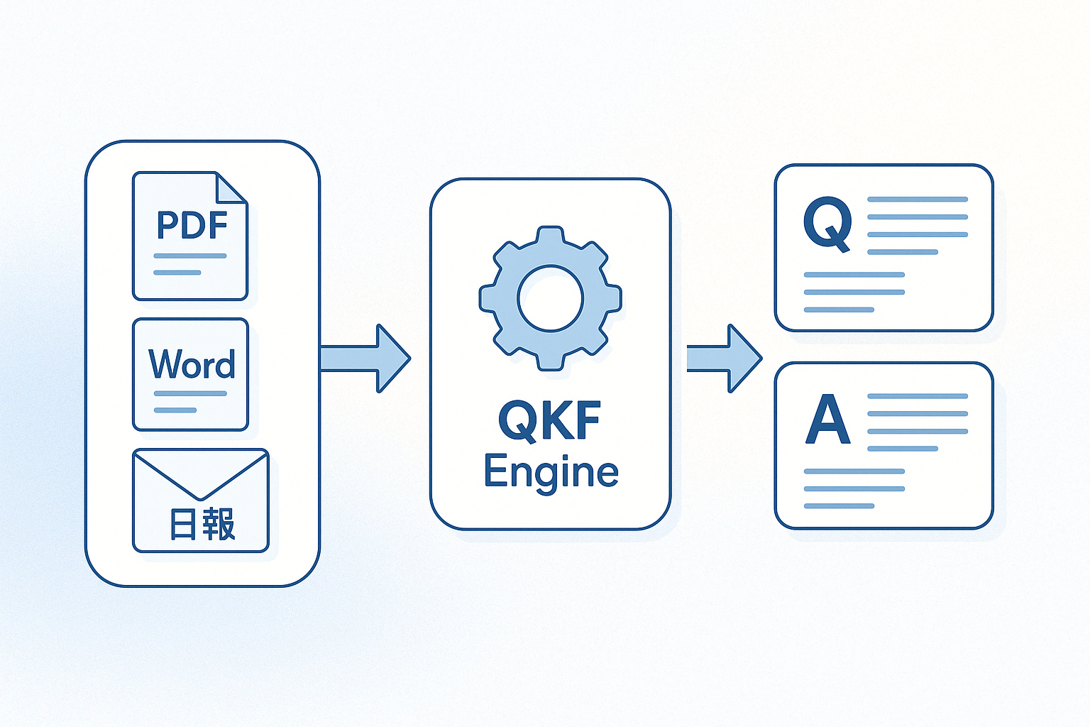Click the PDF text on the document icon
(192, 226)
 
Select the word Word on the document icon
(192, 364)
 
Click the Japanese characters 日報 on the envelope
(202, 525)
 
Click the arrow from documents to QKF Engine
(365, 359)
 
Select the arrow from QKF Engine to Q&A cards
(724, 359)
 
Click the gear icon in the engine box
(551, 298)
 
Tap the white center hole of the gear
(551, 299)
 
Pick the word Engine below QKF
(551, 472)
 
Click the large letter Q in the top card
(827, 223)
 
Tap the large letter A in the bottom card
(828, 420)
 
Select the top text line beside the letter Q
(918, 199)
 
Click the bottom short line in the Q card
(839, 310)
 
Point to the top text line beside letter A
(918, 396)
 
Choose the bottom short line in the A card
(839, 506)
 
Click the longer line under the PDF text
(190, 256)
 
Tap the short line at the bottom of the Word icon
(175, 410)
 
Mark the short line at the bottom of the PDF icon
(177, 273)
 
